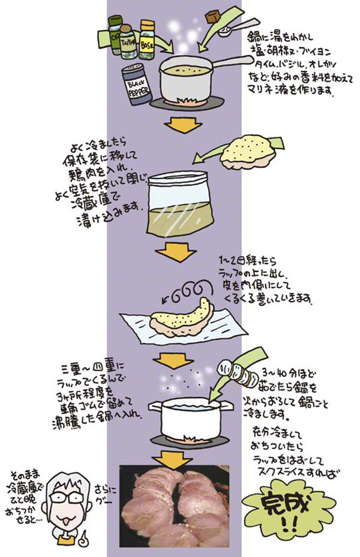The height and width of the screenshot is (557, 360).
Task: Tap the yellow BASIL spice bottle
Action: pos(148,38)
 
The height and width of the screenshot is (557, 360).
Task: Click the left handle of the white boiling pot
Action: pos(153,407)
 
